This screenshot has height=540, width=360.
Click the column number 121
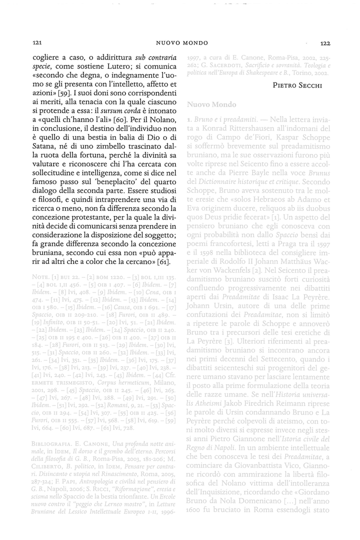36,43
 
